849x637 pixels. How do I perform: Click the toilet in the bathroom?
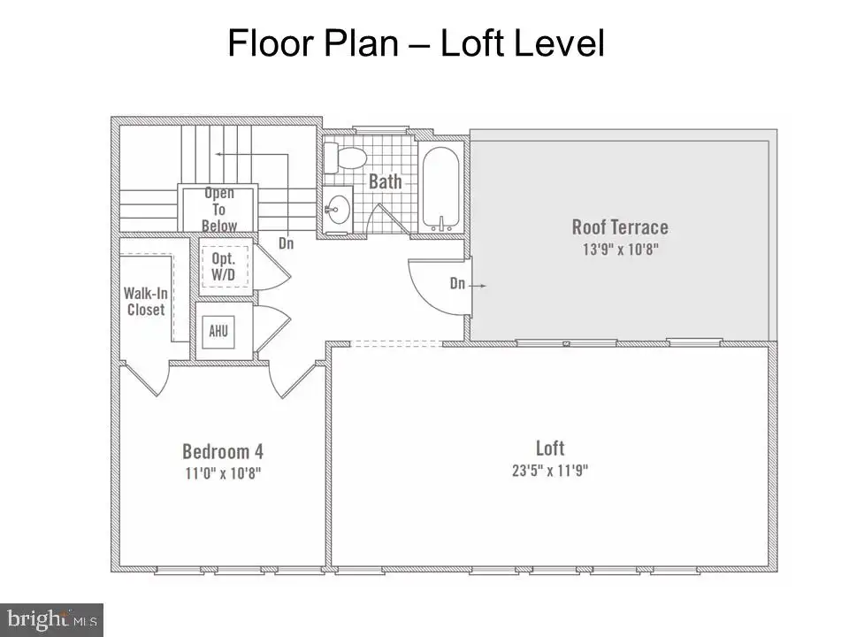click(x=345, y=157)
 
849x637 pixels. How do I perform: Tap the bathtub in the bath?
click(x=441, y=188)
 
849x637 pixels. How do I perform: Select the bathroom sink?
click(x=339, y=210)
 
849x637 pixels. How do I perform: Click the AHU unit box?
click(x=218, y=331)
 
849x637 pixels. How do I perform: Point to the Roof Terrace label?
click(x=620, y=227)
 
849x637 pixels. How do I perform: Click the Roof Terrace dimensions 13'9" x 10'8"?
click(x=620, y=249)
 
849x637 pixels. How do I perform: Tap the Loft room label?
click(x=550, y=448)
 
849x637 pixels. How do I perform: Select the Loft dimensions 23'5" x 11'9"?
click(x=550, y=470)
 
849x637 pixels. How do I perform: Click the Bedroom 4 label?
click(x=223, y=451)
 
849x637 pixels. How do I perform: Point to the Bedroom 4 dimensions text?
click(x=223, y=473)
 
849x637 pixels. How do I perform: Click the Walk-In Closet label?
click(x=146, y=301)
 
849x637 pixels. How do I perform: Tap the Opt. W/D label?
click(x=224, y=266)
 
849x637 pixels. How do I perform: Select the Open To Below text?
click(x=218, y=210)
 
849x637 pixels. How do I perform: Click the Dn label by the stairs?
click(x=286, y=243)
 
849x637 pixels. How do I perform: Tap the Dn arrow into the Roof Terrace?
click(x=478, y=286)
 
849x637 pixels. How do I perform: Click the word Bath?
click(x=385, y=181)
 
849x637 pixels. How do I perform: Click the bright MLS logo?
click(x=51, y=619)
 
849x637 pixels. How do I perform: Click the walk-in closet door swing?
click(x=145, y=379)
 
